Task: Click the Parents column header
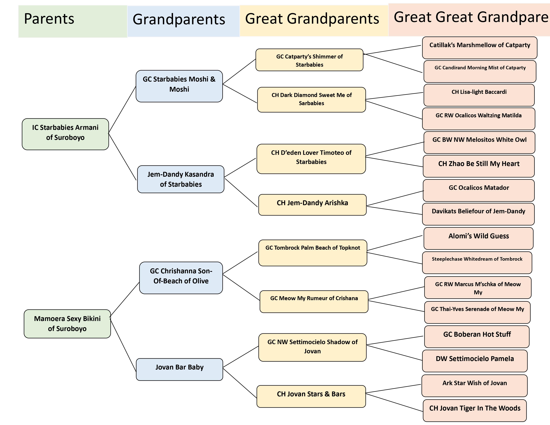tap(72, 21)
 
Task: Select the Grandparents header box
tap(183, 21)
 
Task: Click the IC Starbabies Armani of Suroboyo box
tap(65, 134)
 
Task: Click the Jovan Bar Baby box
tap(179, 369)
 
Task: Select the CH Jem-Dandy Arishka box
tap(312, 204)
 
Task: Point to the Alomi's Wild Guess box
tap(478, 238)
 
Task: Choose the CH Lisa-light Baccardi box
tap(479, 95)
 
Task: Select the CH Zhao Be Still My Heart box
tap(478, 166)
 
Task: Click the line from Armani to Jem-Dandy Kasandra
tap(122, 157)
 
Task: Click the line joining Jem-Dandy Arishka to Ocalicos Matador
tap(395, 198)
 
